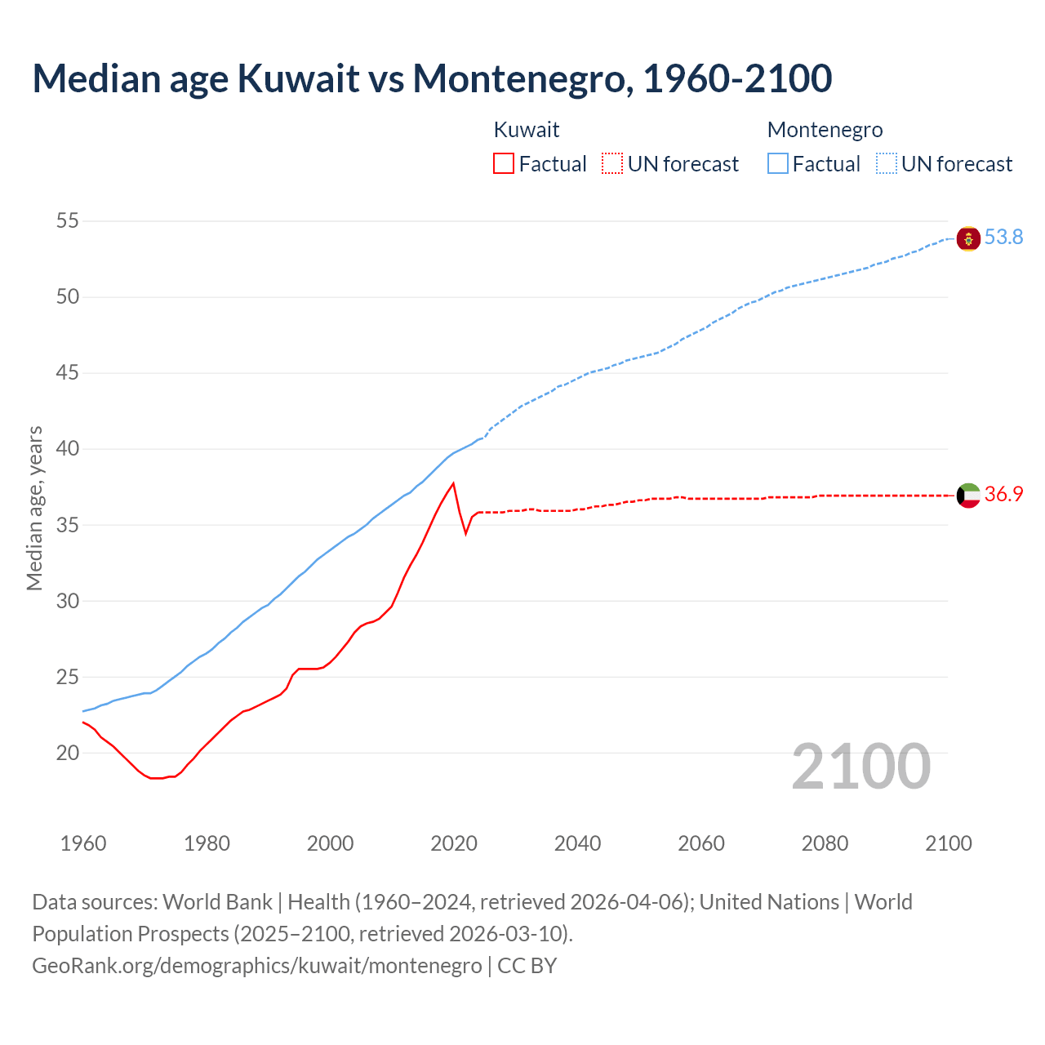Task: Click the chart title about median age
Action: pyautogui.click(x=432, y=78)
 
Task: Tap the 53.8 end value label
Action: pyautogui.click(x=1003, y=238)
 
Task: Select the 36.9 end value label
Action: pyautogui.click(x=1003, y=495)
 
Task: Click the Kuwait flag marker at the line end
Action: pyautogui.click(x=968, y=496)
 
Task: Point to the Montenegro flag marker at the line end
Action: pyautogui.click(x=968, y=238)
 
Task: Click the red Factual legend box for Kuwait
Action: pyautogui.click(x=504, y=164)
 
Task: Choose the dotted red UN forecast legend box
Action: pyautogui.click(x=612, y=164)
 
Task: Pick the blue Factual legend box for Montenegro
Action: pyautogui.click(x=778, y=164)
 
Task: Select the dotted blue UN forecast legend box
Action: pyautogui.click(x=887, y=164)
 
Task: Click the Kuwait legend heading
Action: pyautogui.click(x=527, y=130)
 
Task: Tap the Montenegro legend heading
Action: pyautogui.click(x=825, y=130)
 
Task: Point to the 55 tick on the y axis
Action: pyautogui.click(x=68, y=221)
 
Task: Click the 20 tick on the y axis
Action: pyautogui.click(x=68, y=754)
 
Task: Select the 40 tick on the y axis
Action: pyautogui.click(x=68, y=449)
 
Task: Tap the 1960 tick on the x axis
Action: pyautogui.click(x=83, y=843)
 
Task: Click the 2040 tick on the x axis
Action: pyautogui.click(x=577, y=843)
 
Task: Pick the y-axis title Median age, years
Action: pyautogui.click(x=34, y=508)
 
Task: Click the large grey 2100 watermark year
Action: pyautogui.click(x=860, y=767)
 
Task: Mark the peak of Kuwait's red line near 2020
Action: pyautogui.click(x=453, y=483)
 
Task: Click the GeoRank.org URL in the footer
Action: pyautogui.click(x=257, y=966)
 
